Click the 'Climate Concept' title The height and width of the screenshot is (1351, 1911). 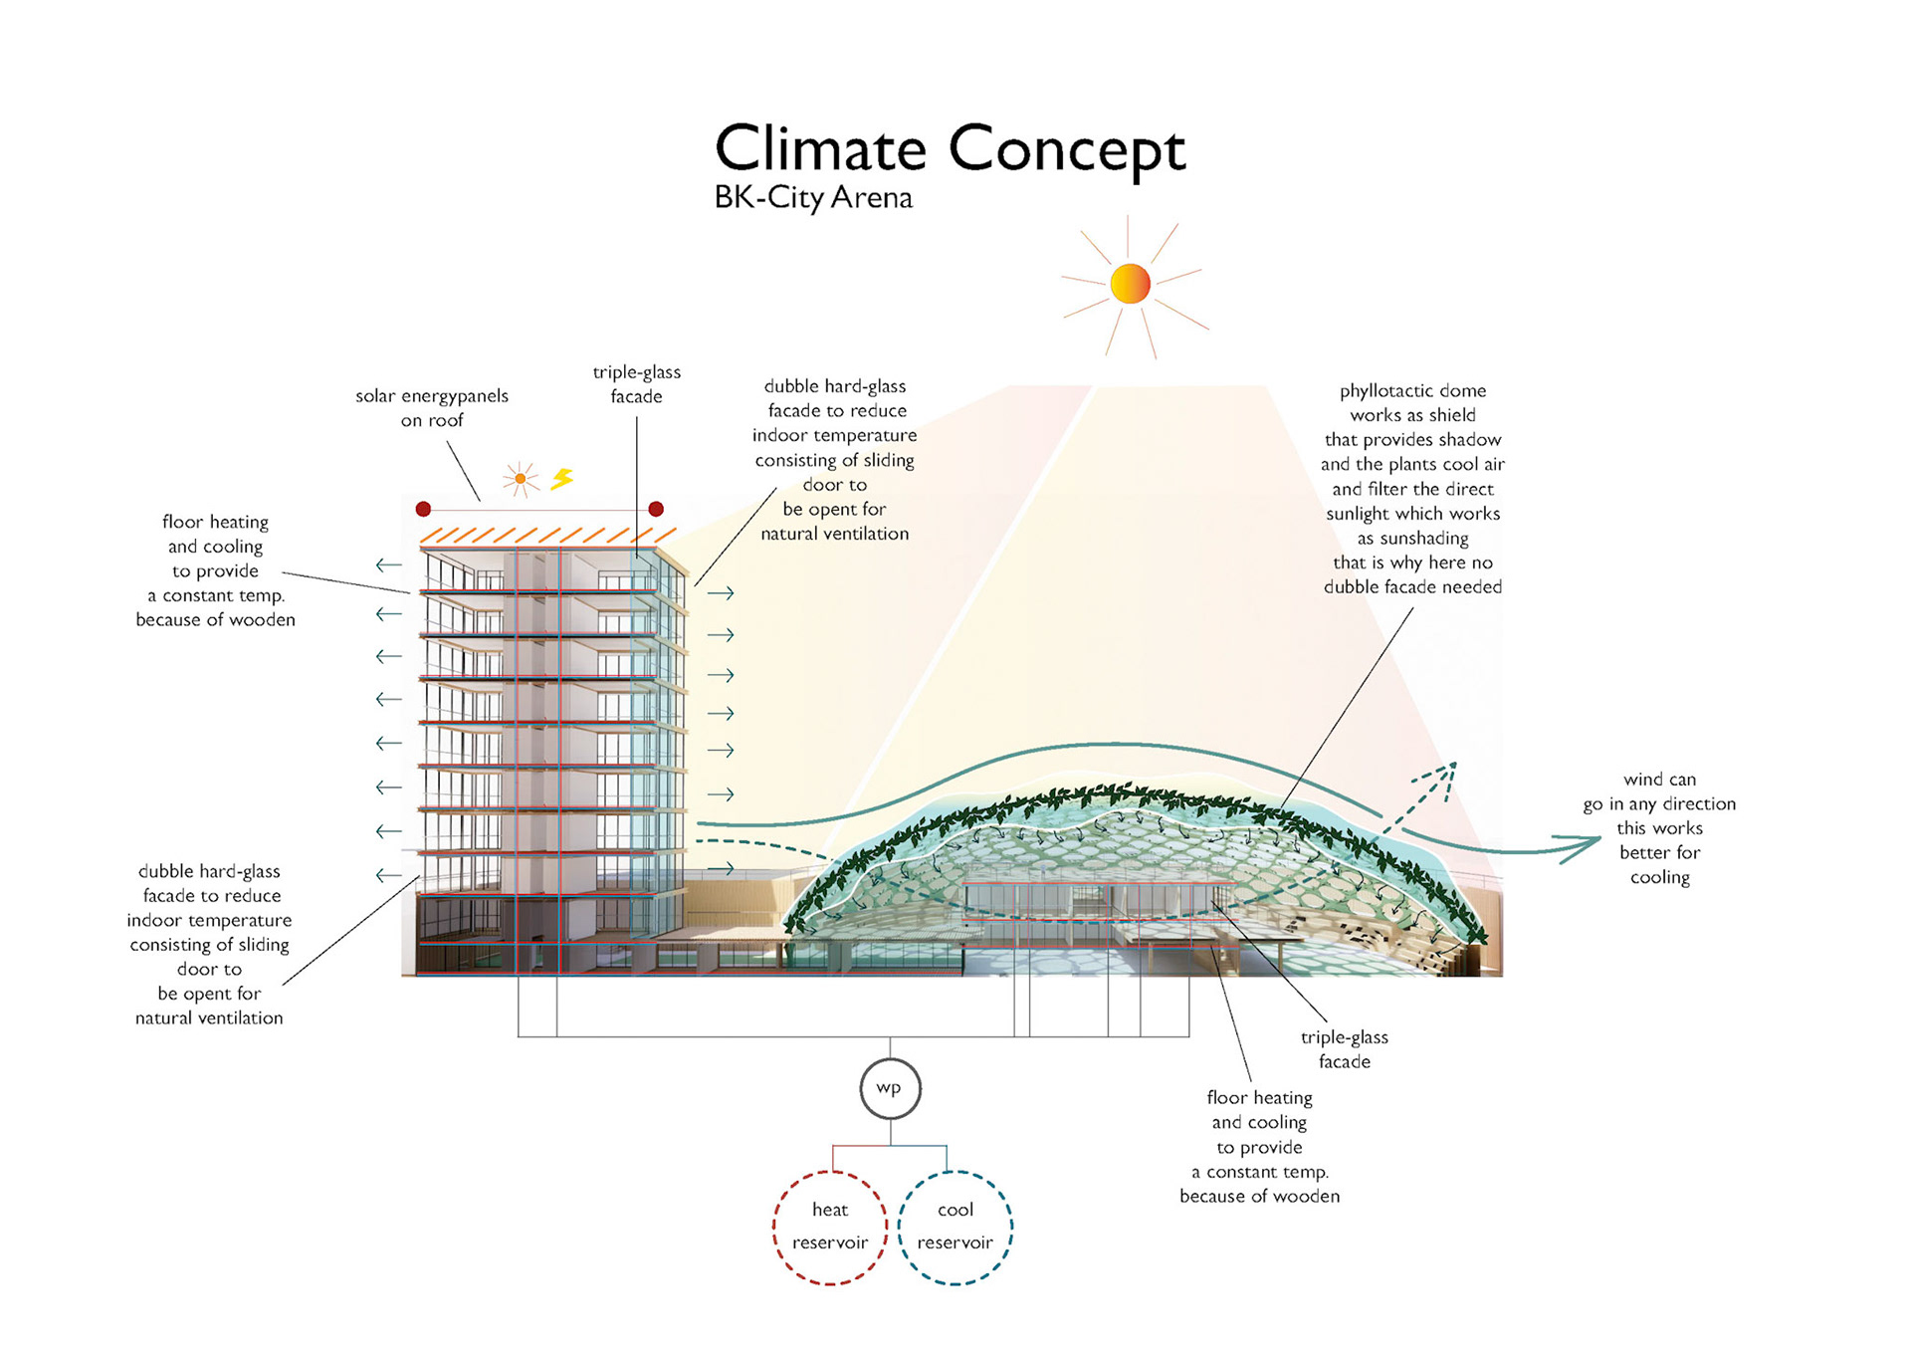[950, 149]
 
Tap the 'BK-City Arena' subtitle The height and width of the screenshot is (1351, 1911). [813, 197]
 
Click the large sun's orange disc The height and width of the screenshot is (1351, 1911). [1130, 284]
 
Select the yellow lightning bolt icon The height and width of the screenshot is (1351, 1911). [562, 479]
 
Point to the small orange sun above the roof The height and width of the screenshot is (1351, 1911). [520, 479]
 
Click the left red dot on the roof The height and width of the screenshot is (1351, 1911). [423, 509]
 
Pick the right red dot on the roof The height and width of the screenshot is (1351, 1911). [656, 509]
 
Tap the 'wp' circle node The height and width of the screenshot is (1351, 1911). [890, 1088]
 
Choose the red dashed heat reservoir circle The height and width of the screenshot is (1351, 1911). [829, 1227]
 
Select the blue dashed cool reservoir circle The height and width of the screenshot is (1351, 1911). [955, 1227]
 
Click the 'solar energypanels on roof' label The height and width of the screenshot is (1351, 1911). [432, 407]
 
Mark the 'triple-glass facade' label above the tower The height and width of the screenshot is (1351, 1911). [637, 383]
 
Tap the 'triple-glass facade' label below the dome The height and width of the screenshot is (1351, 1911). [1344, 1048]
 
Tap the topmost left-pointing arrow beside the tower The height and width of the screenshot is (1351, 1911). [388, 565]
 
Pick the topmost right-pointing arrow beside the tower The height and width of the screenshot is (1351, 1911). [721, 593]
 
